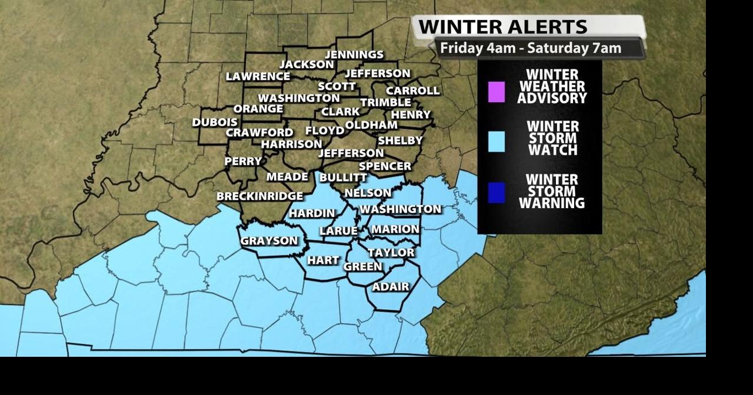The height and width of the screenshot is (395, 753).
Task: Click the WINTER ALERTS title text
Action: click(x=502, y=26)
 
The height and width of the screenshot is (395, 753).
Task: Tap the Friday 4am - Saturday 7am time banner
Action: click(x=531, y=48)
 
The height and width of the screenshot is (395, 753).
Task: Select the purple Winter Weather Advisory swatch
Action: click(x=496, y=92)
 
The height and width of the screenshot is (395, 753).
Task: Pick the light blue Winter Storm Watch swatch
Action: click(x=496, y=142)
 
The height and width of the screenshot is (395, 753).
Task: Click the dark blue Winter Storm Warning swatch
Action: click(x=496, y=192)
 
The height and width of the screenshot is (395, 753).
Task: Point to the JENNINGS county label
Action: click(x=354, y=55)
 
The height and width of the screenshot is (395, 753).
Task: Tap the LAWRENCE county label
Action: click(x=258, y=76)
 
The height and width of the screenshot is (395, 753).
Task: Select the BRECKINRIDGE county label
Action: click(x=259, y=196)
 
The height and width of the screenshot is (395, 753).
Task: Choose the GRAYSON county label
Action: click(x=269, y=241)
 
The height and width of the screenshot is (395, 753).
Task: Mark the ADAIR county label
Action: click(x=391, y=287)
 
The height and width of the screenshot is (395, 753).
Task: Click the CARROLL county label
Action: click(x=412, y=91)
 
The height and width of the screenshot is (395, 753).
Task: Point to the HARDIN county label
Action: click(x=312, y=213)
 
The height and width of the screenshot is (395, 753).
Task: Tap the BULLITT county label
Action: click(x=343, y=178)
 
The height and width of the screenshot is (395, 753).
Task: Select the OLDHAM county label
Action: click(x=371, y=125)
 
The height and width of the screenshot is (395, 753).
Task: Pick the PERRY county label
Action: click(x=243, y=161)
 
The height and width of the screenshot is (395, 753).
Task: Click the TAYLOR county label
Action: click(x=391, y=253)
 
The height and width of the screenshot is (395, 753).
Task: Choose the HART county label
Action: click(x=323, y=260)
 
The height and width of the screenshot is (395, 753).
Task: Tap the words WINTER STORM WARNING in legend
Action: click(x=551, y=192)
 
